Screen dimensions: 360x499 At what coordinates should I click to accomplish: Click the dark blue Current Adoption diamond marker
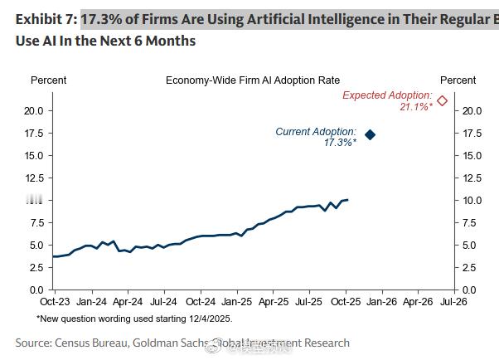(371, 134)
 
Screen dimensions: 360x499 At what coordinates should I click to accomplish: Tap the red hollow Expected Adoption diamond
(443, 101)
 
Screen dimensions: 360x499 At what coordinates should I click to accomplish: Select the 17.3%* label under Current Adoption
(340, 143)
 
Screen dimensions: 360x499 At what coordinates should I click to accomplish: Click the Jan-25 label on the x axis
(237, 302)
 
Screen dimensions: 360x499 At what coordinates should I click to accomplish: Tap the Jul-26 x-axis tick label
(453, 302)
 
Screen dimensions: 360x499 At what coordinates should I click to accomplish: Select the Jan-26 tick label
(382, 302)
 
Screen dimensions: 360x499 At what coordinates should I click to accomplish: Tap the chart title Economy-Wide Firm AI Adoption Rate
(253, 80)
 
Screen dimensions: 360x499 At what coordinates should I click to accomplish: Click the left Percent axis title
(48, 80)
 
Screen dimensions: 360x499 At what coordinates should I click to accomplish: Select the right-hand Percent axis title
(458, 80)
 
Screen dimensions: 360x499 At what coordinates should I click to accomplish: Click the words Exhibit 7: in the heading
(45, 17)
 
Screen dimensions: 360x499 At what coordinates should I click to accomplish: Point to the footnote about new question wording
(134, 319)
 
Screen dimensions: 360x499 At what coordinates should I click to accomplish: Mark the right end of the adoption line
(348, 200)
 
